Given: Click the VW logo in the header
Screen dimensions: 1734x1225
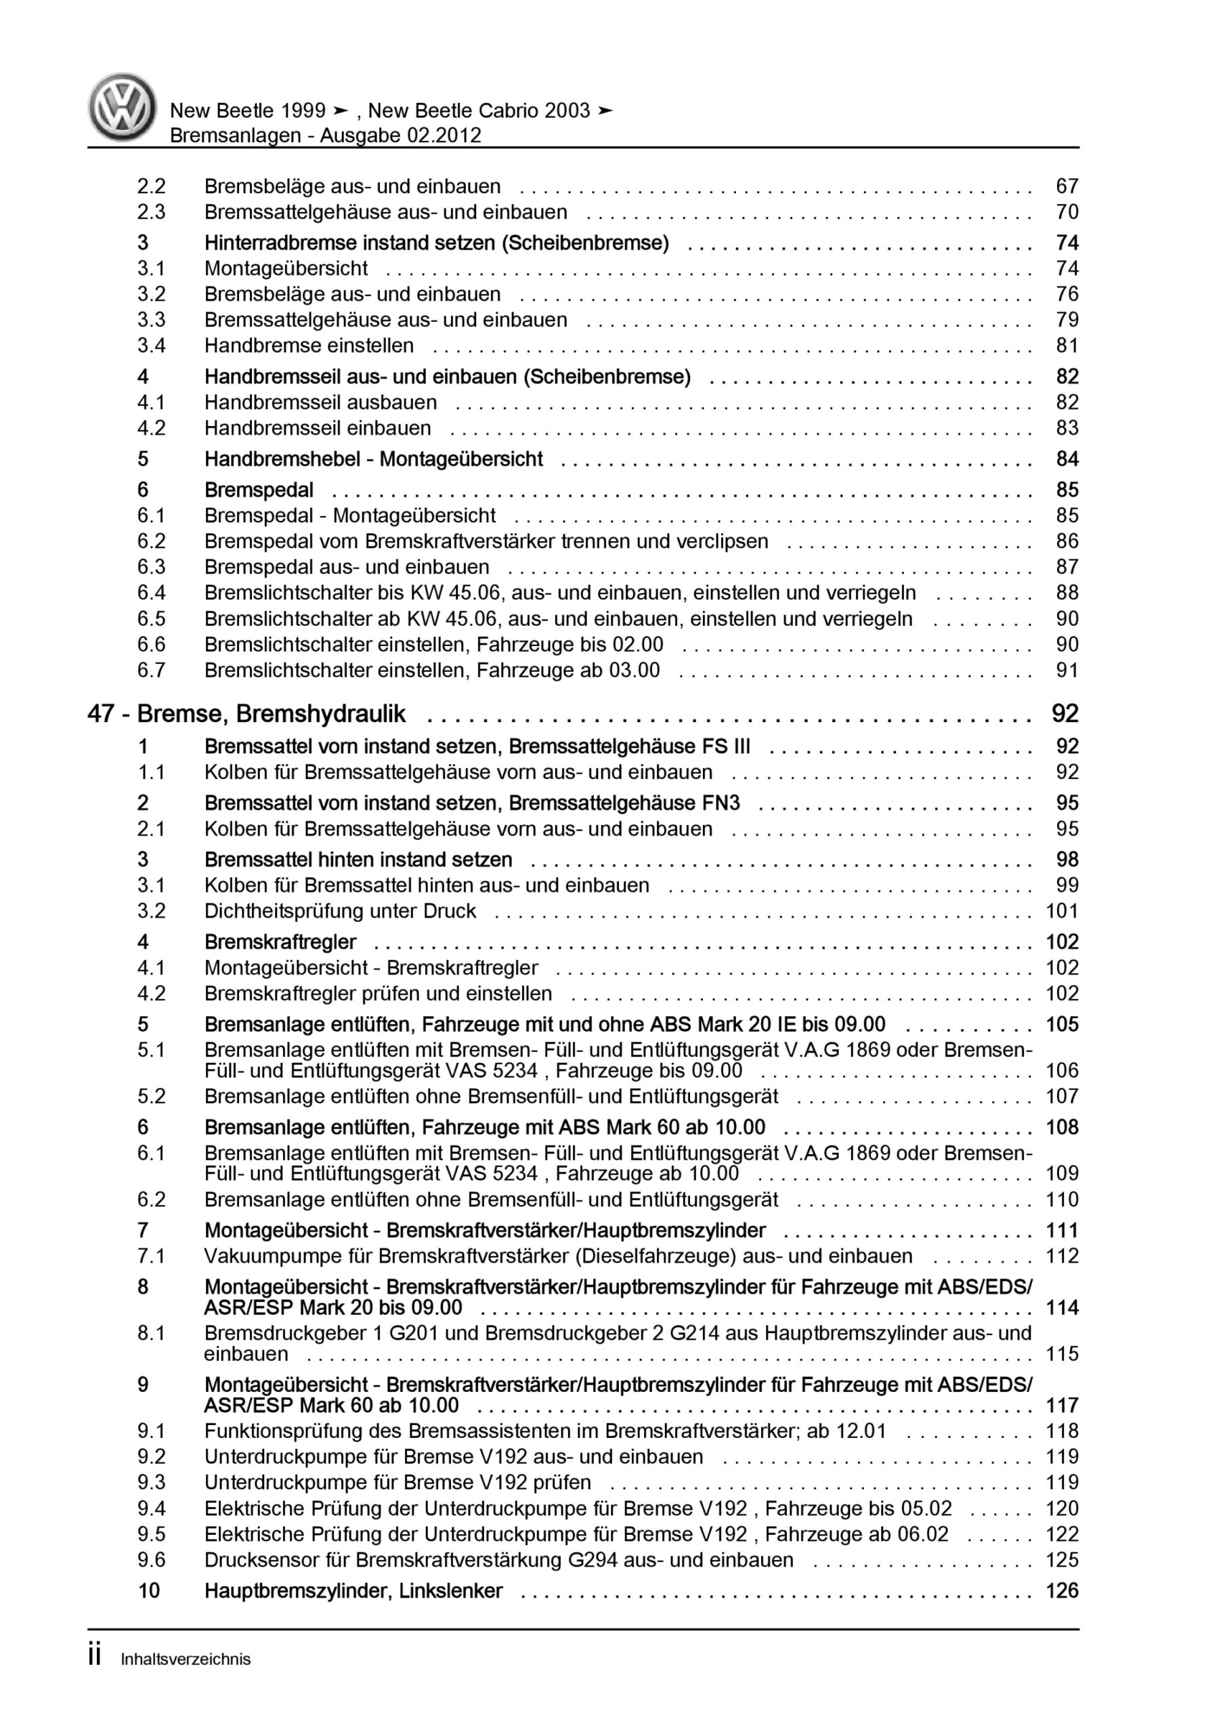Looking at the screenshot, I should (x=123, y=107).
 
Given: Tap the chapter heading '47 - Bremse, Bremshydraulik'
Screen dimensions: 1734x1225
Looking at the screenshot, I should (x=246, y=714).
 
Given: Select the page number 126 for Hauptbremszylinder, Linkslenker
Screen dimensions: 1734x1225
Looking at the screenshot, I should (x=1061, y=1590).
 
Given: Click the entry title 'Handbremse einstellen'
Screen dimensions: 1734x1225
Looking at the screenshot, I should (x=309, y=346).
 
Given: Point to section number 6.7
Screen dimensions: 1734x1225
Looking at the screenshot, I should (x=151, y=670).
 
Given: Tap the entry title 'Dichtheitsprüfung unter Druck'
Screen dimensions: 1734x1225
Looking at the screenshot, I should (x=340, y=911).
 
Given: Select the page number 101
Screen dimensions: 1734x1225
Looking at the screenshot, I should (x=1061, y=911).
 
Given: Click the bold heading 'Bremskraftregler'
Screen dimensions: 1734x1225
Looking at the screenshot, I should (x=280, y=942).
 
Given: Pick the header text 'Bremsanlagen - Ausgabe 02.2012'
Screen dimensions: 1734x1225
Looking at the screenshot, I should (x=326, y=135).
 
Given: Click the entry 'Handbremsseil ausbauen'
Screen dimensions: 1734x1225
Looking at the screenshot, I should (x=320, y=402).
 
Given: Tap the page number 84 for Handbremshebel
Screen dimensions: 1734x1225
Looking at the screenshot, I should (x=1067, y=459).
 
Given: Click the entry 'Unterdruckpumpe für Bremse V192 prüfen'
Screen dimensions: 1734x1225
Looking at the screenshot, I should (x=397, y=1483).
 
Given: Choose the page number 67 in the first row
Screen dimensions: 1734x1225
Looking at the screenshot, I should (x=1067, y=186).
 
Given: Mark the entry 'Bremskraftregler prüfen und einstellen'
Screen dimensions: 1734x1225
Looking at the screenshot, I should (x=378, y=993).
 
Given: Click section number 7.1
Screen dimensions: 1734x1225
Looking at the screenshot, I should (x=151, y=1256).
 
